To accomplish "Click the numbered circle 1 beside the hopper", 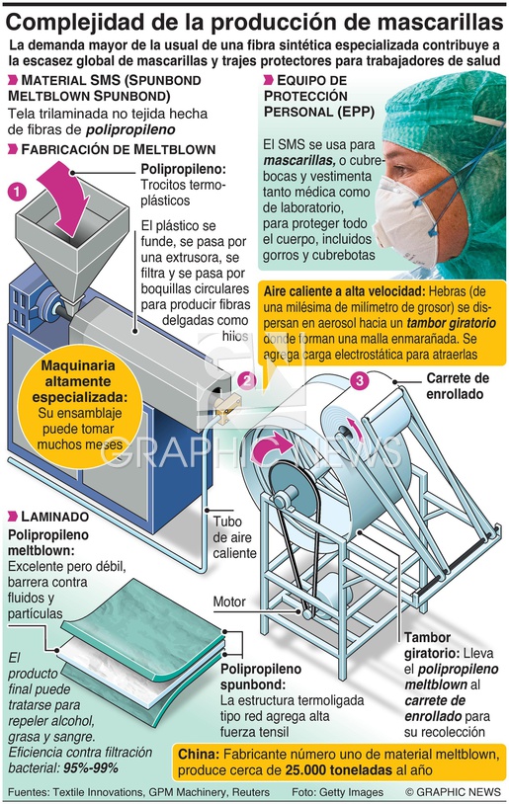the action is (17, 193).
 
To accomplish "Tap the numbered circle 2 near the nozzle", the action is (247, 380).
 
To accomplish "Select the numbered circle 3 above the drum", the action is (359, 380).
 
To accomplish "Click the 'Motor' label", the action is (229, 602).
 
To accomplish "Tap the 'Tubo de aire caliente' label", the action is (234, 537).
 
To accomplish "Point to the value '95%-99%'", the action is (91, 768).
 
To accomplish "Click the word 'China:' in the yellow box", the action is (199, 755).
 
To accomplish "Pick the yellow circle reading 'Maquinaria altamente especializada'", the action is (78, 406).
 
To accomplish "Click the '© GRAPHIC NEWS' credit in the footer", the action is (453, 792).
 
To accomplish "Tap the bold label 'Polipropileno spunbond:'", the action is (261, 677).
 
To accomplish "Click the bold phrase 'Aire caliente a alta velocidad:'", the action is (344, 291).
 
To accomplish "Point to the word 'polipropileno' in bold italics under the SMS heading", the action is (130, 129).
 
